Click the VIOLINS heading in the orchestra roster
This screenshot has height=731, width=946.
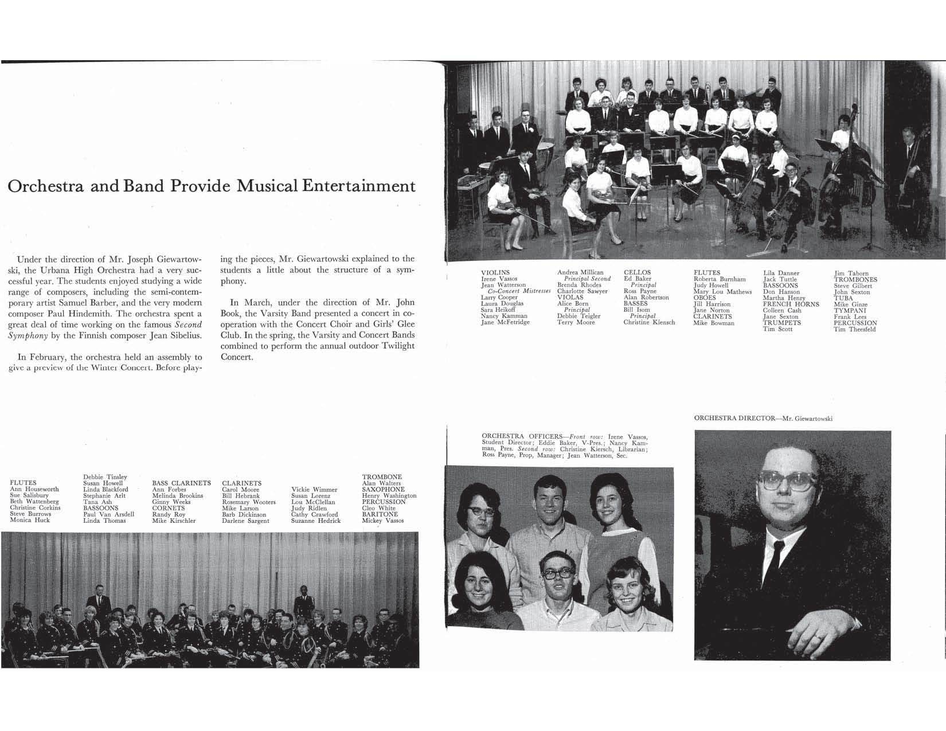coord(495,273)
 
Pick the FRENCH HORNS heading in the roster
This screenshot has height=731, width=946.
coord(791,304)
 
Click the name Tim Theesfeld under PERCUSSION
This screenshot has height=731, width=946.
coord(854,330)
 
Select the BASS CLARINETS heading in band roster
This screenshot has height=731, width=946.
coord(181,483)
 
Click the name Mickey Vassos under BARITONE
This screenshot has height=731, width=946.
coord(382,521)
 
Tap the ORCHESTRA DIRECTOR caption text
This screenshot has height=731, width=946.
coord(763,419)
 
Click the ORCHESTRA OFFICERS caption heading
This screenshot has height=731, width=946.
coord(521,437)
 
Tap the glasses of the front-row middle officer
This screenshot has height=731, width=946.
coord(556,573)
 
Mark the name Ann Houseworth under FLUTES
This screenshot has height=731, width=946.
coord(34,490)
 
